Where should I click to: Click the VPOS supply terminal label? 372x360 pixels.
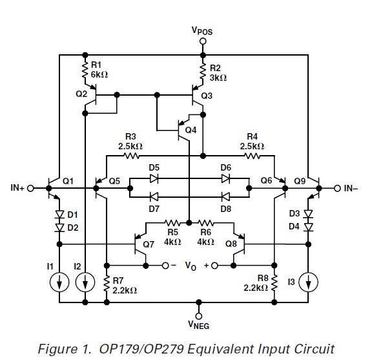coord(202,30)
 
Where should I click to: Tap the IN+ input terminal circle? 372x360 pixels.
coord(30,188)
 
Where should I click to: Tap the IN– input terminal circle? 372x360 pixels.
coord(336,188)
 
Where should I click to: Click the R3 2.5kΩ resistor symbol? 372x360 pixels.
coord(131,156)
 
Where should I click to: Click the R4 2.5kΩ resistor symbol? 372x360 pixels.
coord(253,156)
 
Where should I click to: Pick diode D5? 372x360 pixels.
coord(153,181)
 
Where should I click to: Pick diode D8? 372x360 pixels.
coord(225,196)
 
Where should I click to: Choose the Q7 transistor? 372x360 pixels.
coord(141,245)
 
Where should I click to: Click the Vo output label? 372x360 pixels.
coord(190,266)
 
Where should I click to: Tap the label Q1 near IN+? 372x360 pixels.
coord(67,181)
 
